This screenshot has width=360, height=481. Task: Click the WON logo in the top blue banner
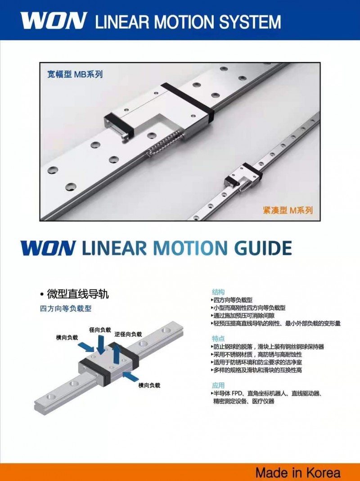click(54, 21)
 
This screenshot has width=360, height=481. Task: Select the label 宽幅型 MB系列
click(75, 74)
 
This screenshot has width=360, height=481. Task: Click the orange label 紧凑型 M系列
click(288, 210)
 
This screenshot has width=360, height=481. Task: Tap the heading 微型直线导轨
click(78, 295)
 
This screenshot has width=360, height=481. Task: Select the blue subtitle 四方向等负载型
click(66, 309)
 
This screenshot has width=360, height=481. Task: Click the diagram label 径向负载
click(100, 330)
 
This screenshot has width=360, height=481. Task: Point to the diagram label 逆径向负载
click(128, 334)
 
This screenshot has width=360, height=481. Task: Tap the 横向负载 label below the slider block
click(149, 385)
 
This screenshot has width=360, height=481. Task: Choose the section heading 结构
click(218, 292)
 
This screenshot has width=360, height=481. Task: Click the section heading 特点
click(218, 339)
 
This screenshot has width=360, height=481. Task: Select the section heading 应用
click(218, 385)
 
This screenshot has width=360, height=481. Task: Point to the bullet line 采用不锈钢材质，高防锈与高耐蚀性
click(257, 354)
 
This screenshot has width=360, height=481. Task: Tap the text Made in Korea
click(298, 472)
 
